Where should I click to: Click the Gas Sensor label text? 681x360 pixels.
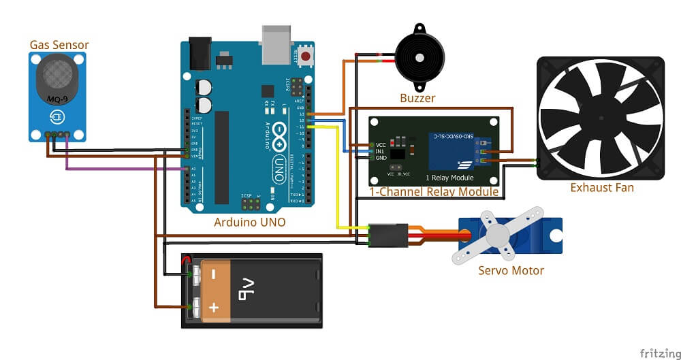[x=59, y=46]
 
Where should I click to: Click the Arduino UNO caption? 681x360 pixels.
[x=249, y=222]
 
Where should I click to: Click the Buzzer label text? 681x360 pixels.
[x=417, y=99]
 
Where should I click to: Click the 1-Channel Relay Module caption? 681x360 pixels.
[x=433, y=193]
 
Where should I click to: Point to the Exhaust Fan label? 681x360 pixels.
[x=601, y=187]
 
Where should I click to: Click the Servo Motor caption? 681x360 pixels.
[x=511, y=271]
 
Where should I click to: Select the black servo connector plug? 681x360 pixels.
[x=389, y=235]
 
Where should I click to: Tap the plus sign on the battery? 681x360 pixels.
[x=214, y=308]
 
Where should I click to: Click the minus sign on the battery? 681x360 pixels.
[x=213, y=274]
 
